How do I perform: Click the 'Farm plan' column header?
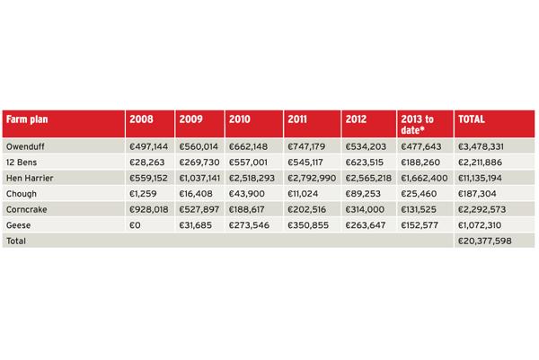(27, 119)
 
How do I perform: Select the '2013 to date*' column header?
(417, 125)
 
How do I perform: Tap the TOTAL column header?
(472, 119)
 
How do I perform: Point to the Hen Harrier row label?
(30, 178)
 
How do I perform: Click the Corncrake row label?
(26, 209)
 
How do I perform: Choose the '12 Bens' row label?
(22, 162)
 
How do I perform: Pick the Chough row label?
(22, 194)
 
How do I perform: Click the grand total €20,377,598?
(485, 241)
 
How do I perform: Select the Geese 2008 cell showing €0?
(135, 225)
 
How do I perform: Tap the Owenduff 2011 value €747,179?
(306, 146)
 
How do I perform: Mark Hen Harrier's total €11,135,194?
(480, 178)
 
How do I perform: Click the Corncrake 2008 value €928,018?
(149, 209)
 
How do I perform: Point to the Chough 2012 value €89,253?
(363, 194)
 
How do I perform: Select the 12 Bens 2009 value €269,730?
(199, 162)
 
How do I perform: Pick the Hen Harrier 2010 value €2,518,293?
(252, 178)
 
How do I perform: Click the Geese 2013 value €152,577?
(420, 225)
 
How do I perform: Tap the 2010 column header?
(240, 119)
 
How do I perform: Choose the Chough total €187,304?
(477, 194)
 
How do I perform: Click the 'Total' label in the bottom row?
(16, 241)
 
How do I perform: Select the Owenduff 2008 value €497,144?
(149, 146)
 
